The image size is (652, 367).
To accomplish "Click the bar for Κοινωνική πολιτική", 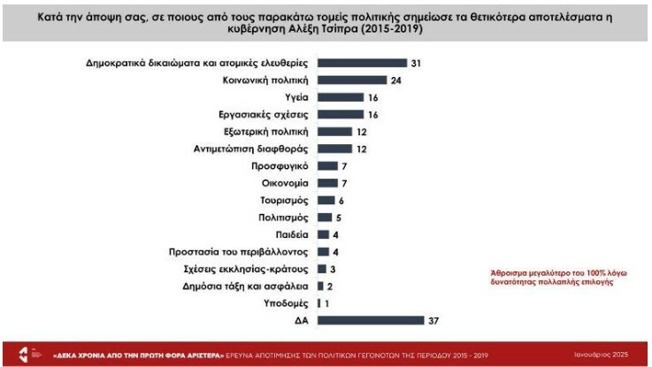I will pyautogui.click(x=351, y=80).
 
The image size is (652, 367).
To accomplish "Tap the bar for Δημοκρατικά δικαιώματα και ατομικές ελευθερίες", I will pyautogui.click(x=361, y=63).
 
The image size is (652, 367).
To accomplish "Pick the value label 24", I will pyautogui.click(x=397, y=80).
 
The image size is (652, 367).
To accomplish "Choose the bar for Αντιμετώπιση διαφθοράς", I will pyautogui.click(x=334, y=149).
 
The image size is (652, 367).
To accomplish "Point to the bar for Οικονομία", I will pyautogui.click(x=326, y=183).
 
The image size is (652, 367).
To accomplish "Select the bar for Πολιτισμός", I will pyautogui.click(x=324, y=218).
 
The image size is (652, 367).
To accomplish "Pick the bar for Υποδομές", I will pyautogui.click(x=318, y=303).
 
